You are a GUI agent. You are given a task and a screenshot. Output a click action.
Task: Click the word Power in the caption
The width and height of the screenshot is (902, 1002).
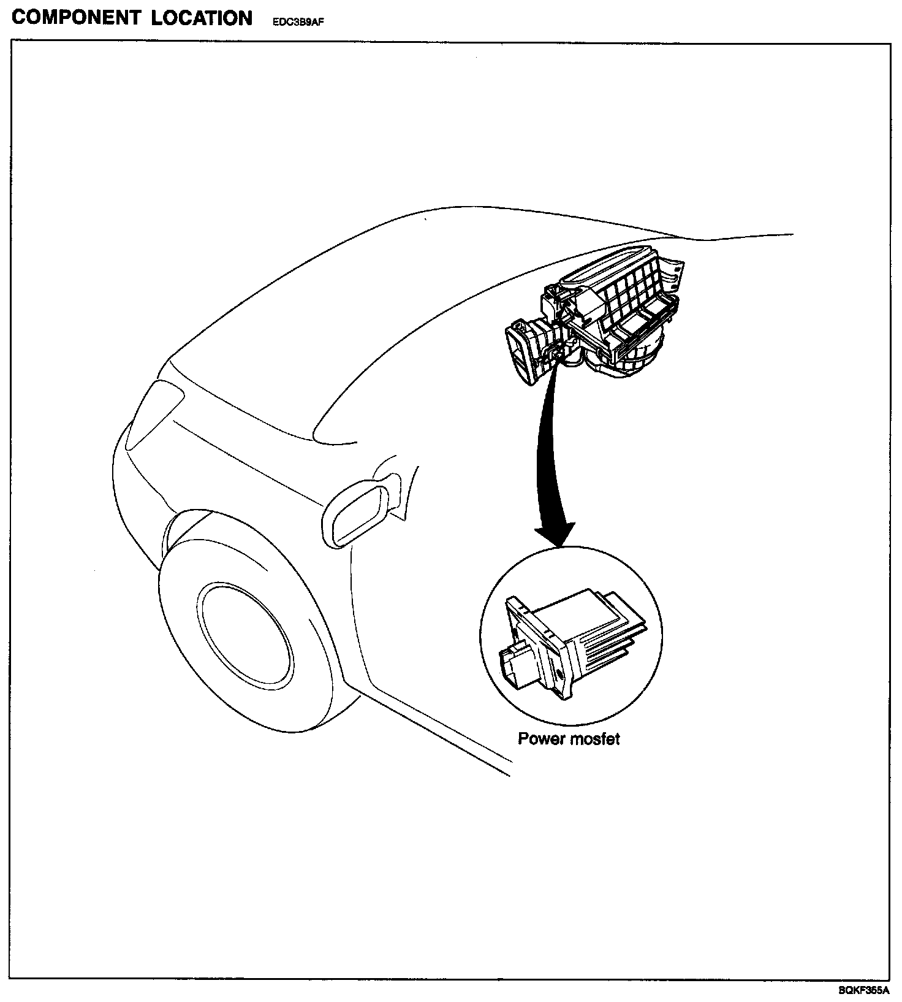point(542,738)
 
